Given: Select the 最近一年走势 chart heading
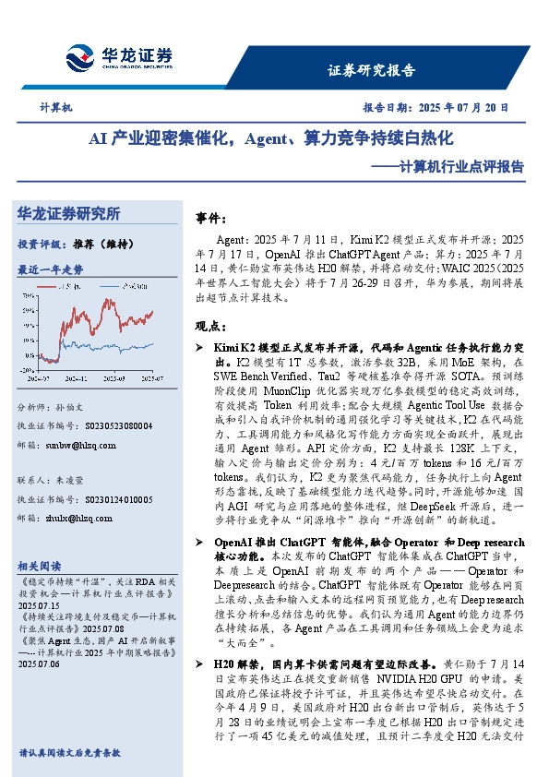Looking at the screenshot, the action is click(x=50, y=269).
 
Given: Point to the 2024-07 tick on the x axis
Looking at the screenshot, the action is click(x=40, y=378).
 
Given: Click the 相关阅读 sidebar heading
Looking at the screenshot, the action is click(x=41, y=566).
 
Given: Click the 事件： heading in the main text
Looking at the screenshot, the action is click(x=211, y=217).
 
